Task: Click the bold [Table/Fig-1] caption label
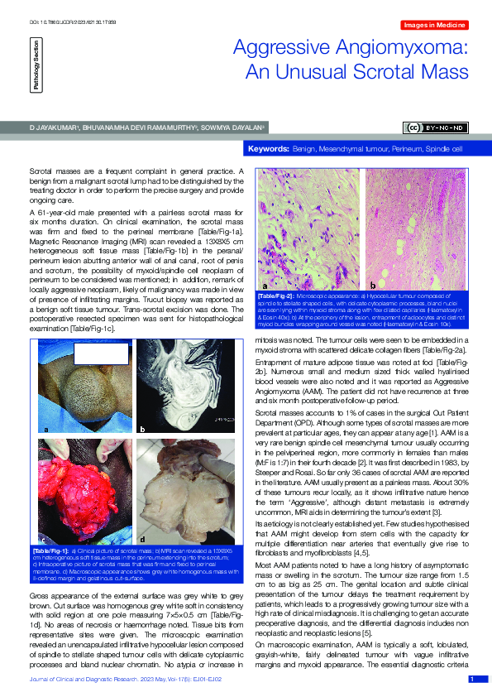click(x=50, y=550)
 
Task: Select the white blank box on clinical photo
click(x=102, y=353)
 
